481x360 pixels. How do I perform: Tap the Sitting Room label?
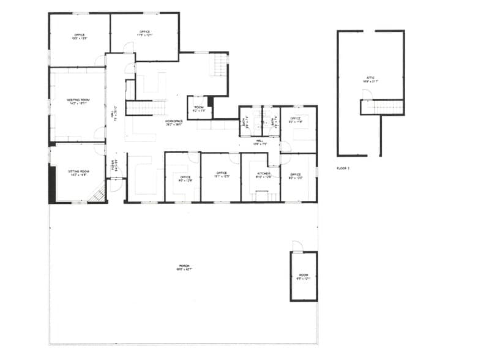[78, 172]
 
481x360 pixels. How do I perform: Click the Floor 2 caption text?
[343, 168]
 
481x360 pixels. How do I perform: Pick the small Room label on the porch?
[304, 276]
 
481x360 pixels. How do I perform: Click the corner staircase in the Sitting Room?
[97, 195]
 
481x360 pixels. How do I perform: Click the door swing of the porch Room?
[297, 246]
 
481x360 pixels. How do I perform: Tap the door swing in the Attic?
[366, 94]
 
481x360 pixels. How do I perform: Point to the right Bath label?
[273, 122]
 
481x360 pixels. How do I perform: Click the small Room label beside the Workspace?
[199, 108]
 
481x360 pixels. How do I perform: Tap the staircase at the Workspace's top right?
[219, 64]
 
